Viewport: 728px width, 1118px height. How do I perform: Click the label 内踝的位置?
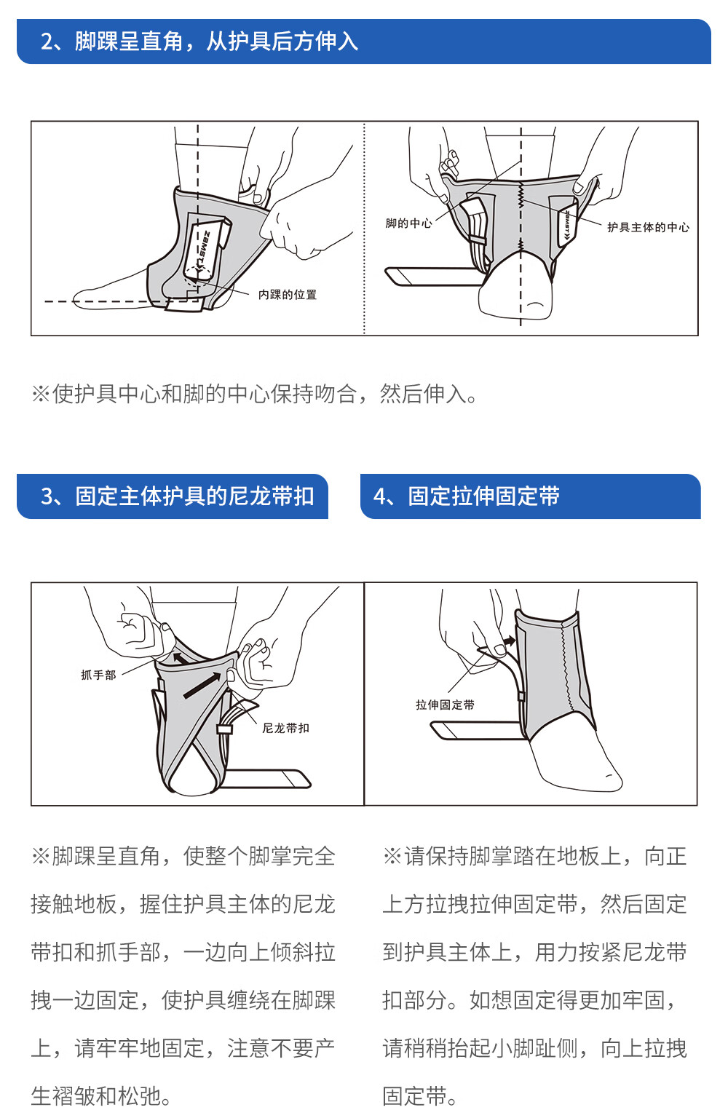(x=287, y=295)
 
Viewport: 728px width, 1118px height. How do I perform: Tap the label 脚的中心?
(x=408, y=223)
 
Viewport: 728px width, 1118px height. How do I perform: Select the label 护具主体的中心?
(x=648, y=227)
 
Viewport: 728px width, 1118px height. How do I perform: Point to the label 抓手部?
(x=98, y=675)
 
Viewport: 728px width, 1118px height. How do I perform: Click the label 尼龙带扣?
(x=285, y=728)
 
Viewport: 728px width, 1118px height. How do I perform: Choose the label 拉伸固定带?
(x=445, y=705)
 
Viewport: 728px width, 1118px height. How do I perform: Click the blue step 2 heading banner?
(x=363, y=41)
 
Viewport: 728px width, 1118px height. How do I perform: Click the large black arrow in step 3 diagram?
(x=202, y=685)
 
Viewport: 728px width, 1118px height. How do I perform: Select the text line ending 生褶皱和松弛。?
(x=102, y=1096)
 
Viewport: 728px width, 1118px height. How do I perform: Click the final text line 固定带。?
(x=421, y=1096)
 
